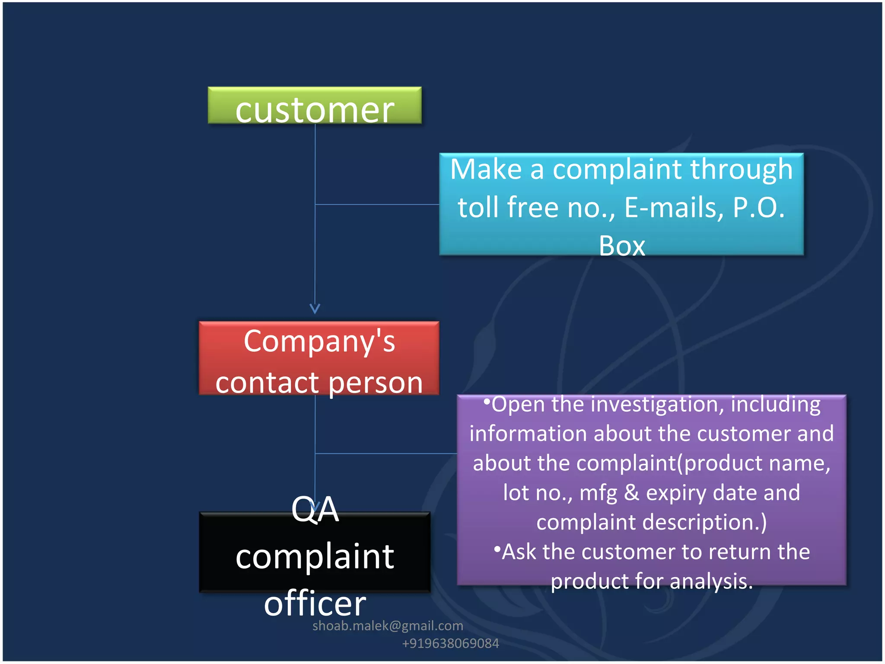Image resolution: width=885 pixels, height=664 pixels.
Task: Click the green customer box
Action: [x=315, y=106]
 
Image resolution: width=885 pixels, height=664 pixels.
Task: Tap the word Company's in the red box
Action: [x=319, y=342]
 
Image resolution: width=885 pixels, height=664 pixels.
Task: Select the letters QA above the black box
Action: [x=315, y=509]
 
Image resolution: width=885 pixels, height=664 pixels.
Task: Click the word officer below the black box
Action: [x=315, y=603]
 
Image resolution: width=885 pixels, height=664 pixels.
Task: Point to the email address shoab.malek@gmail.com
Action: [x=388, y=626]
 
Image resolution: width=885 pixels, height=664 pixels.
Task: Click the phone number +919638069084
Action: [x=450, y=643]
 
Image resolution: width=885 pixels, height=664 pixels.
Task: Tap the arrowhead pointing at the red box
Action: [x=315, y=309]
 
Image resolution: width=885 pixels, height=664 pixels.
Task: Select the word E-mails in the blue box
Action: [x=674, y=207]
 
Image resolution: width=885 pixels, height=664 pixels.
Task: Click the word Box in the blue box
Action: [x=622, y=246]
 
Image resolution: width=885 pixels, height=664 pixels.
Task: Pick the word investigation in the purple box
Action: [x=657, y=404]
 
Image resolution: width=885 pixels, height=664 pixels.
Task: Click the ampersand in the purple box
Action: [x=631, y=492]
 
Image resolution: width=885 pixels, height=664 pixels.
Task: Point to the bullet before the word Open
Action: [x=487, y=402]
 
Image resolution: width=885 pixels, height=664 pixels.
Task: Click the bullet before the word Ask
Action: [x=497, y=549]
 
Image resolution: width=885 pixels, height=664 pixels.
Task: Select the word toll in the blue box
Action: [x=479, y=207]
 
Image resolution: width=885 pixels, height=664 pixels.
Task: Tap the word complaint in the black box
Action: [x=315, y=556]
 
